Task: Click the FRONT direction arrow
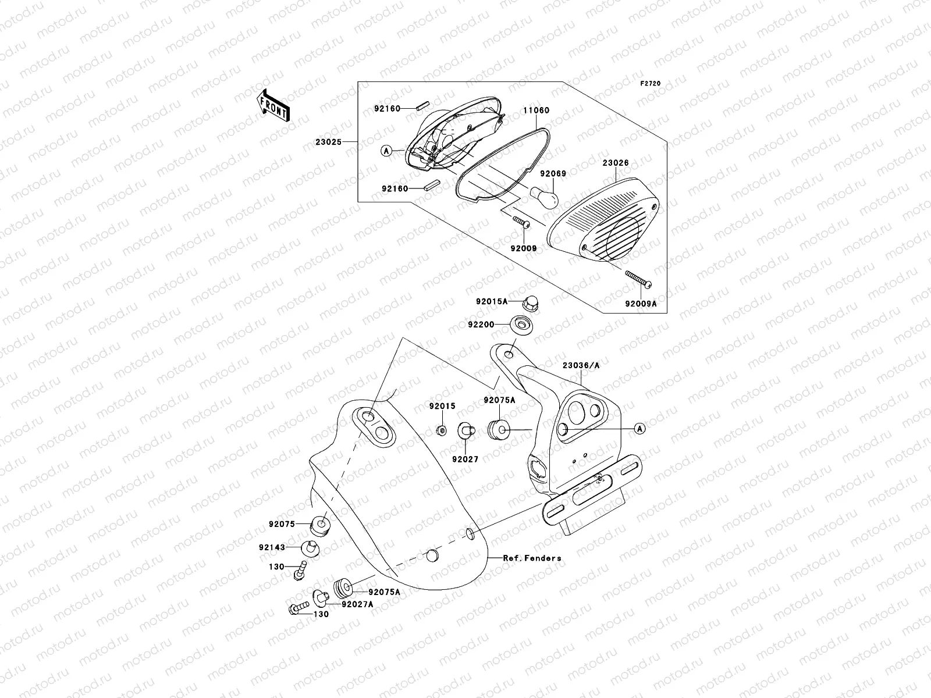point(274,105)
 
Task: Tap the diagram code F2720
point(651,84)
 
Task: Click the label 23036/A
point(581,365)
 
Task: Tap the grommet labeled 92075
point(319,525)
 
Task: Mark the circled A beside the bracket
point(639,429)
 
